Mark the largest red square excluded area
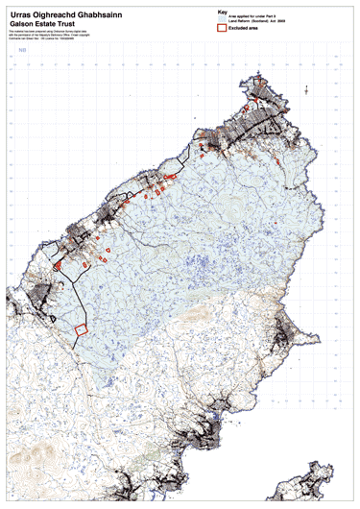(x=81, y=328)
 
